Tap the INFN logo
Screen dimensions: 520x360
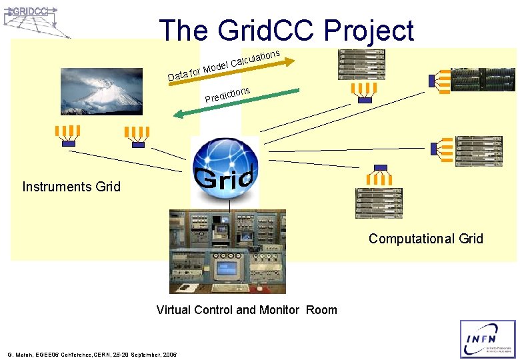pos(487,339)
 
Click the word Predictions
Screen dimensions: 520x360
pos(227,95)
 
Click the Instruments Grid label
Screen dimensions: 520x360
pos(71,187)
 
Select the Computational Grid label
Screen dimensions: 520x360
pos(425,239)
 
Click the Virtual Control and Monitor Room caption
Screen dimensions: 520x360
pos(247,309)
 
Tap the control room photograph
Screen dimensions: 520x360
pos(227,251)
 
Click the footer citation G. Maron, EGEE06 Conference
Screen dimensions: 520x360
pos(91,353)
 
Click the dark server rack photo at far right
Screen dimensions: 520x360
pos(483,79)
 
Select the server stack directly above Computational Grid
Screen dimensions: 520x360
pos(379,203)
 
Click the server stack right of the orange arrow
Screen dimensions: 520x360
pos(361,65)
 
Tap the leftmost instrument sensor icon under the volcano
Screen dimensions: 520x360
pos(68,135)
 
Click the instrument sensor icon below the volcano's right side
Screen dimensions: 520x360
pos(138,136)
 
